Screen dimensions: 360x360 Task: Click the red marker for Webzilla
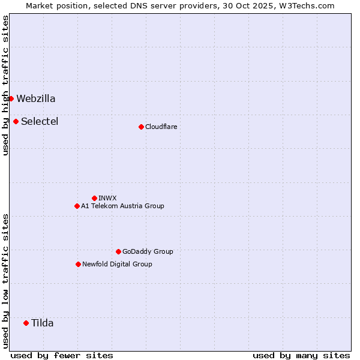[11, 98]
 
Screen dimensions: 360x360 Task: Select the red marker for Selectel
[16, 121]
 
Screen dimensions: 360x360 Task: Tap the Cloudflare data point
[141, 127]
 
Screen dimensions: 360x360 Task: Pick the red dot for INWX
[94, 198]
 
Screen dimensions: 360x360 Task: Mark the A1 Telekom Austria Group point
[77, 206]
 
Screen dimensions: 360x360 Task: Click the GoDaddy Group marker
[118, 251]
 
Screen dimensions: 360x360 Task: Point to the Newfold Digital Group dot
[78, 264]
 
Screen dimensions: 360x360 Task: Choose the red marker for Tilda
[26, 323]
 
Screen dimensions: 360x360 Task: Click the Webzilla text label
[36, 99]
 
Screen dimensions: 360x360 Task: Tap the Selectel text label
[40, 122]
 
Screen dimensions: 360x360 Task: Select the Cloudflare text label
[161, 127]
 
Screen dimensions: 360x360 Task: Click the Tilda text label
[43, 323]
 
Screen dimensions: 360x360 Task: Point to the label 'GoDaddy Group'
[148, 251]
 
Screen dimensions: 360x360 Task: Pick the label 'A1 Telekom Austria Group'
[122, 206]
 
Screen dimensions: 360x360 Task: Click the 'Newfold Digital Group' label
[117, 264]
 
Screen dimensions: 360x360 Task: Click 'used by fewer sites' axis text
[62, 355]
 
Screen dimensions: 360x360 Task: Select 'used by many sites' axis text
[301, 355]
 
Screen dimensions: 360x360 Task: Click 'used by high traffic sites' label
[5, 85]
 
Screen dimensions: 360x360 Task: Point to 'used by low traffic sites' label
[5, 280]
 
